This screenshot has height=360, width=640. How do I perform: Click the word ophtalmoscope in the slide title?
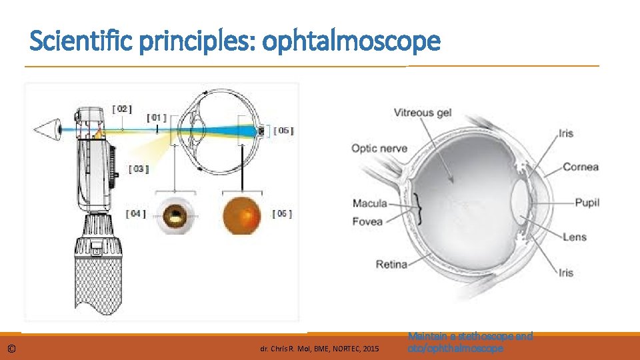click(x=351, y=41)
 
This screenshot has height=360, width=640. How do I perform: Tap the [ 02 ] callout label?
click(x=121, y=108)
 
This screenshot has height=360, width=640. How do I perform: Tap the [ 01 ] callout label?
click(x=157, y=118)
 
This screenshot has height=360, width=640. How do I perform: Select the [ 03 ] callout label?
click(x=138, y=169)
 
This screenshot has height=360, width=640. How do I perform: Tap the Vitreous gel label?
click(x=422, y=113)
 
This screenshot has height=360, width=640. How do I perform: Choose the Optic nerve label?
click(x=379, y=148)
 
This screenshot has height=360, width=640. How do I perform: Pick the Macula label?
click(x=370, y=203)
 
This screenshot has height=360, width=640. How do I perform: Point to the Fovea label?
click(x=367, y=221)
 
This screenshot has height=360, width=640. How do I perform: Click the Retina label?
click(x=391, y=265)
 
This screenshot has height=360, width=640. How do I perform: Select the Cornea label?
click(x=581, y=167)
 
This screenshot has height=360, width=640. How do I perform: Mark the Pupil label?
click(x=587, y=202)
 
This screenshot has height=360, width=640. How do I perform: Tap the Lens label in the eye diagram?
click(x=575, y=237)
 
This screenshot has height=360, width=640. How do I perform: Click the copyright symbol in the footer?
click(x=12, y=349)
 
